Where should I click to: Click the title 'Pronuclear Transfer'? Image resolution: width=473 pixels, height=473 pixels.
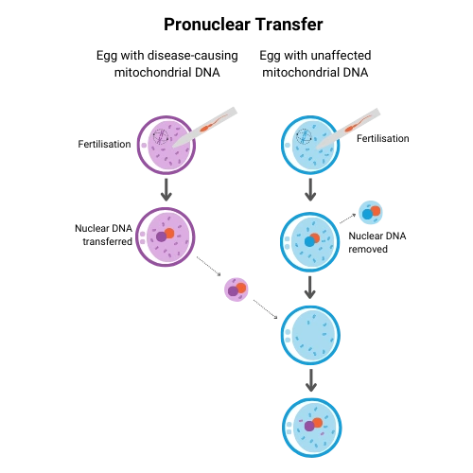tap(243, 25)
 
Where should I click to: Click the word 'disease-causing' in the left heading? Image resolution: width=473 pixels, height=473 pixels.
tap(193, 56)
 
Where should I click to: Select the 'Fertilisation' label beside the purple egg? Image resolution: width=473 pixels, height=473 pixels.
tap(104, 144)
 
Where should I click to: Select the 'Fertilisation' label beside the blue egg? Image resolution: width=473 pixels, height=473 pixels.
tap(383, 138)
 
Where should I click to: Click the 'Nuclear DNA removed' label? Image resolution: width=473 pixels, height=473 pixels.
tap(377, 242)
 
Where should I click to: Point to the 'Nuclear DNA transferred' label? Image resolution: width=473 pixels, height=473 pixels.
tap(103, 235)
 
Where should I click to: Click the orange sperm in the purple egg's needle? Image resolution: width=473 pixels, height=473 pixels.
tap(214, 123)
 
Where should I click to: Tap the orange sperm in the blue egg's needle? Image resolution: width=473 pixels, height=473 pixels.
tap(358, 124)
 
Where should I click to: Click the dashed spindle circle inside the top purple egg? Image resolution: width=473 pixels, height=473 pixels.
tap(161, 137)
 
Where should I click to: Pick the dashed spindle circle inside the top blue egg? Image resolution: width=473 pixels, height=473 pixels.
tap(304, 136)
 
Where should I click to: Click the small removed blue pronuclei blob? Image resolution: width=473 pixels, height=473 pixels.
tap(371, 213)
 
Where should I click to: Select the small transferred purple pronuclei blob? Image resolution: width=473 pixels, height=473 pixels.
tap(236, 289)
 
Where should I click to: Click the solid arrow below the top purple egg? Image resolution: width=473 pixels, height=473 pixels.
tap(166, 190)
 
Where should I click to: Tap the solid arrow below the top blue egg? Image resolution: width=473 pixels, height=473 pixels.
tap(310, 190)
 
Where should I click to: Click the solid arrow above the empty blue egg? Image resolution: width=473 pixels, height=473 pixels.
tap(310, 288)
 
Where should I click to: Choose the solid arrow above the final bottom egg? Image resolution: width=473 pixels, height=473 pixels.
tap(311, 380)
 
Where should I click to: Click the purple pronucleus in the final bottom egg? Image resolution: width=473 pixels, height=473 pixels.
tap(309, 426)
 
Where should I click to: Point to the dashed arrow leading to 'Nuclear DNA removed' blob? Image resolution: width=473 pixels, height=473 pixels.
tap(347, 219)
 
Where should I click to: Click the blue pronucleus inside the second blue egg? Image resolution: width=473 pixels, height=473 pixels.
tap(309, 241)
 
